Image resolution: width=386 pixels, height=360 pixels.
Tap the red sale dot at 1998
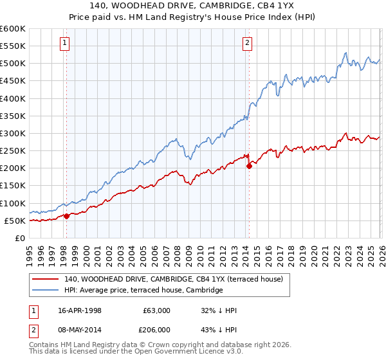click(x=66, y=216)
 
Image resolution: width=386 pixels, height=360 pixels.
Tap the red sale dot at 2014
click(x=249, y=166)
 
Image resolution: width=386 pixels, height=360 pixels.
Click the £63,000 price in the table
click(x=156, y=310)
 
